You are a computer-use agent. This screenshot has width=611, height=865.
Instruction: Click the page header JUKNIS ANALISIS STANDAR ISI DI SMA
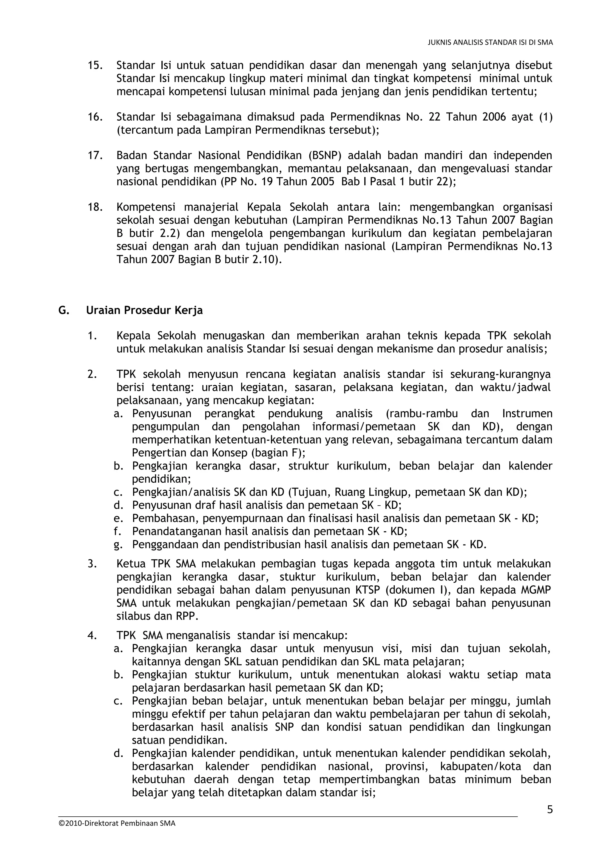pyautogui.click(x=490, y=43)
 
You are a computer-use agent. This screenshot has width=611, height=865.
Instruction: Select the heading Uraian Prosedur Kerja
pyautogui.click(x=144, y=310)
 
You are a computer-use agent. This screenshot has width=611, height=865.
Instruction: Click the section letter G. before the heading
pyautogui.click(x=63, y=310)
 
